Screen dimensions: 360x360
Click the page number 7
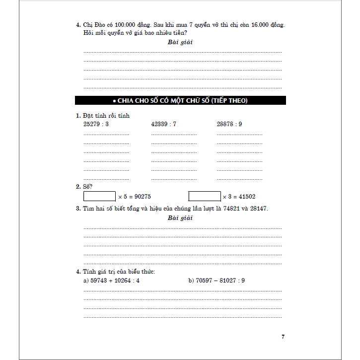pos(283,337)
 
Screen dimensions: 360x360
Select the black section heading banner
pos(180,100)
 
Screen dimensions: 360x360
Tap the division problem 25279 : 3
pos(96,124)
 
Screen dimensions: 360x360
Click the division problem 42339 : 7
pos(164,124)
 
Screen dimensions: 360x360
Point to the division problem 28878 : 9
pos(229,124)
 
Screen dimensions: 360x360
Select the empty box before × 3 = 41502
pos(205,196)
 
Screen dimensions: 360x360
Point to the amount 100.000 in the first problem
pos(119,24)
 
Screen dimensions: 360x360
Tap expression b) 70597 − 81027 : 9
pos(216,281)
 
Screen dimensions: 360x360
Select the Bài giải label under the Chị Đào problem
pos(180,42)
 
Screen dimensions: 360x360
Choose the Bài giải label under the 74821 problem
pos(180,218)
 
